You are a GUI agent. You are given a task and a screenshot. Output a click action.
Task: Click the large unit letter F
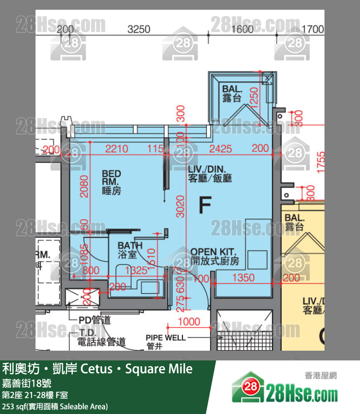click(x=205, y=206)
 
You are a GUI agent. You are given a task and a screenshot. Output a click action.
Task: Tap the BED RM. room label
click(x=111, y=182)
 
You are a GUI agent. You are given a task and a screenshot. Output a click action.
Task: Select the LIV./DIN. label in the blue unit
click(x=210, y=173)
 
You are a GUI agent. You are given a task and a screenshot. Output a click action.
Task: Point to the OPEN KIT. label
click(x=215, y=256)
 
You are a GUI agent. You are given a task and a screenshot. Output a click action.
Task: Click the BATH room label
click(x=130, y=250)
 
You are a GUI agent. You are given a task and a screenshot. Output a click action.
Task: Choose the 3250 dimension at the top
click(x=139, y=29)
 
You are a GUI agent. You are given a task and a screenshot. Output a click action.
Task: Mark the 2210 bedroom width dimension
click(x=117, y=149)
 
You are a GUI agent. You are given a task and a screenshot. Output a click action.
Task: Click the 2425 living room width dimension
click(x=220, y=149)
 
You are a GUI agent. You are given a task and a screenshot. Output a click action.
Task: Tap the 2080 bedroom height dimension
click(x=84, y=186)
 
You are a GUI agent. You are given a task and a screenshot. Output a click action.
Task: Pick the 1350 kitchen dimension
click(x=243, y=278)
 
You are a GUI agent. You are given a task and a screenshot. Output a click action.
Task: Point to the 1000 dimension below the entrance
click(x=189, y=321)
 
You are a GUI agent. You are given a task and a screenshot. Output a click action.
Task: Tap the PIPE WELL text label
click(x=165, y=338)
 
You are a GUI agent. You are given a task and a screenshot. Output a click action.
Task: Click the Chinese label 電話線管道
click(x=102, y=342)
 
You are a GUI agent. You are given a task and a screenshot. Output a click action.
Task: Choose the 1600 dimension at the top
click(x=242, y=29)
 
